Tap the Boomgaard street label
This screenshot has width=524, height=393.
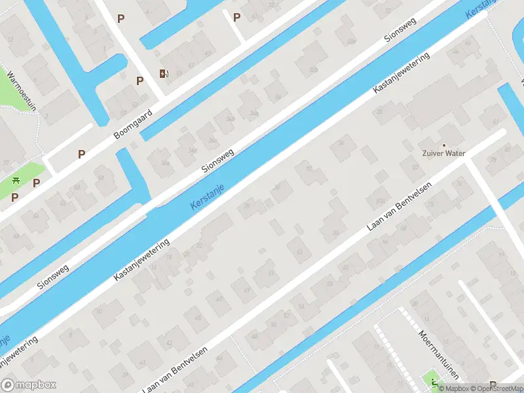[x=133, y=124]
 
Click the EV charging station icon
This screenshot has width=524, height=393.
[x=162, y=74]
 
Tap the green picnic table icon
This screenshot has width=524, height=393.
[x=16, y=181]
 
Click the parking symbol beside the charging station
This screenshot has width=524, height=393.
[x=140, y=81]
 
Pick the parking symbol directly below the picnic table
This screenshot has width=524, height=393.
[x=14, y=196]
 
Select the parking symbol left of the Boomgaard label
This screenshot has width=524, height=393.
[x=82, y=154]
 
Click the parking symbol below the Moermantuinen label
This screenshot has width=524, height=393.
[x=493, y=386]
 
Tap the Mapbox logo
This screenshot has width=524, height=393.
[x=29, y=385]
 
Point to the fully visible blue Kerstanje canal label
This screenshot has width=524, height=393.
[x=208, y=196]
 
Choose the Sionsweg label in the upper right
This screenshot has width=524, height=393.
[x=400, y=29]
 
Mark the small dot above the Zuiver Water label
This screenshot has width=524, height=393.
[x=443, y=145]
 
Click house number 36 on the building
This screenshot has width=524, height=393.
[x=340, y=143]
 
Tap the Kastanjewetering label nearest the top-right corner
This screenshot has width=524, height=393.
[x=401, y=72]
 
